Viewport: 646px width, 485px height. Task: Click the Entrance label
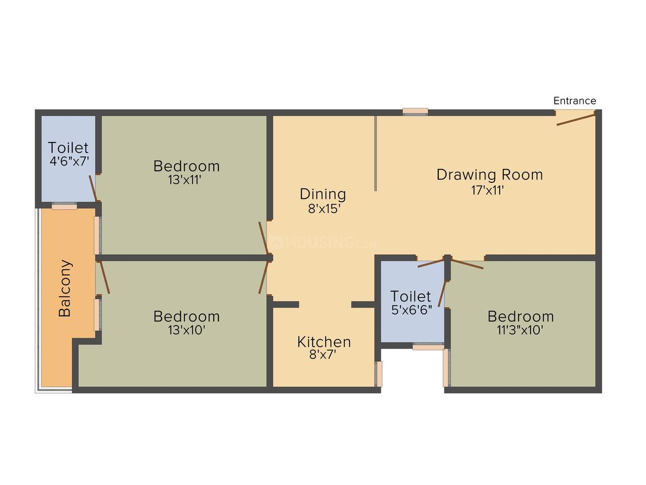point(574,101)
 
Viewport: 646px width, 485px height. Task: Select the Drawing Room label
point(489,174)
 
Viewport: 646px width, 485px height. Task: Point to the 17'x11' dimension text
point(487,190)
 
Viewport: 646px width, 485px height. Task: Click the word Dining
point(322,194)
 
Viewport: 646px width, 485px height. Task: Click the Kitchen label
point(324,342)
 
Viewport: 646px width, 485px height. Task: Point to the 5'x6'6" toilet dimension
point(411,310)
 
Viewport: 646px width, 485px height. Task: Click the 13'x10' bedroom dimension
point(186,330)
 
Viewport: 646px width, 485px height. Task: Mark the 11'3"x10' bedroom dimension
point(520,330)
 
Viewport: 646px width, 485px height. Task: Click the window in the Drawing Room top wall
point(415,112)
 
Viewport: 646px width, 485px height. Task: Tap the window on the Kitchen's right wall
point(379,374)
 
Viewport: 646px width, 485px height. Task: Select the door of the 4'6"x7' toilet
point(94,190)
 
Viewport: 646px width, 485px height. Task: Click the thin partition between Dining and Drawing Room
point(376,153)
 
